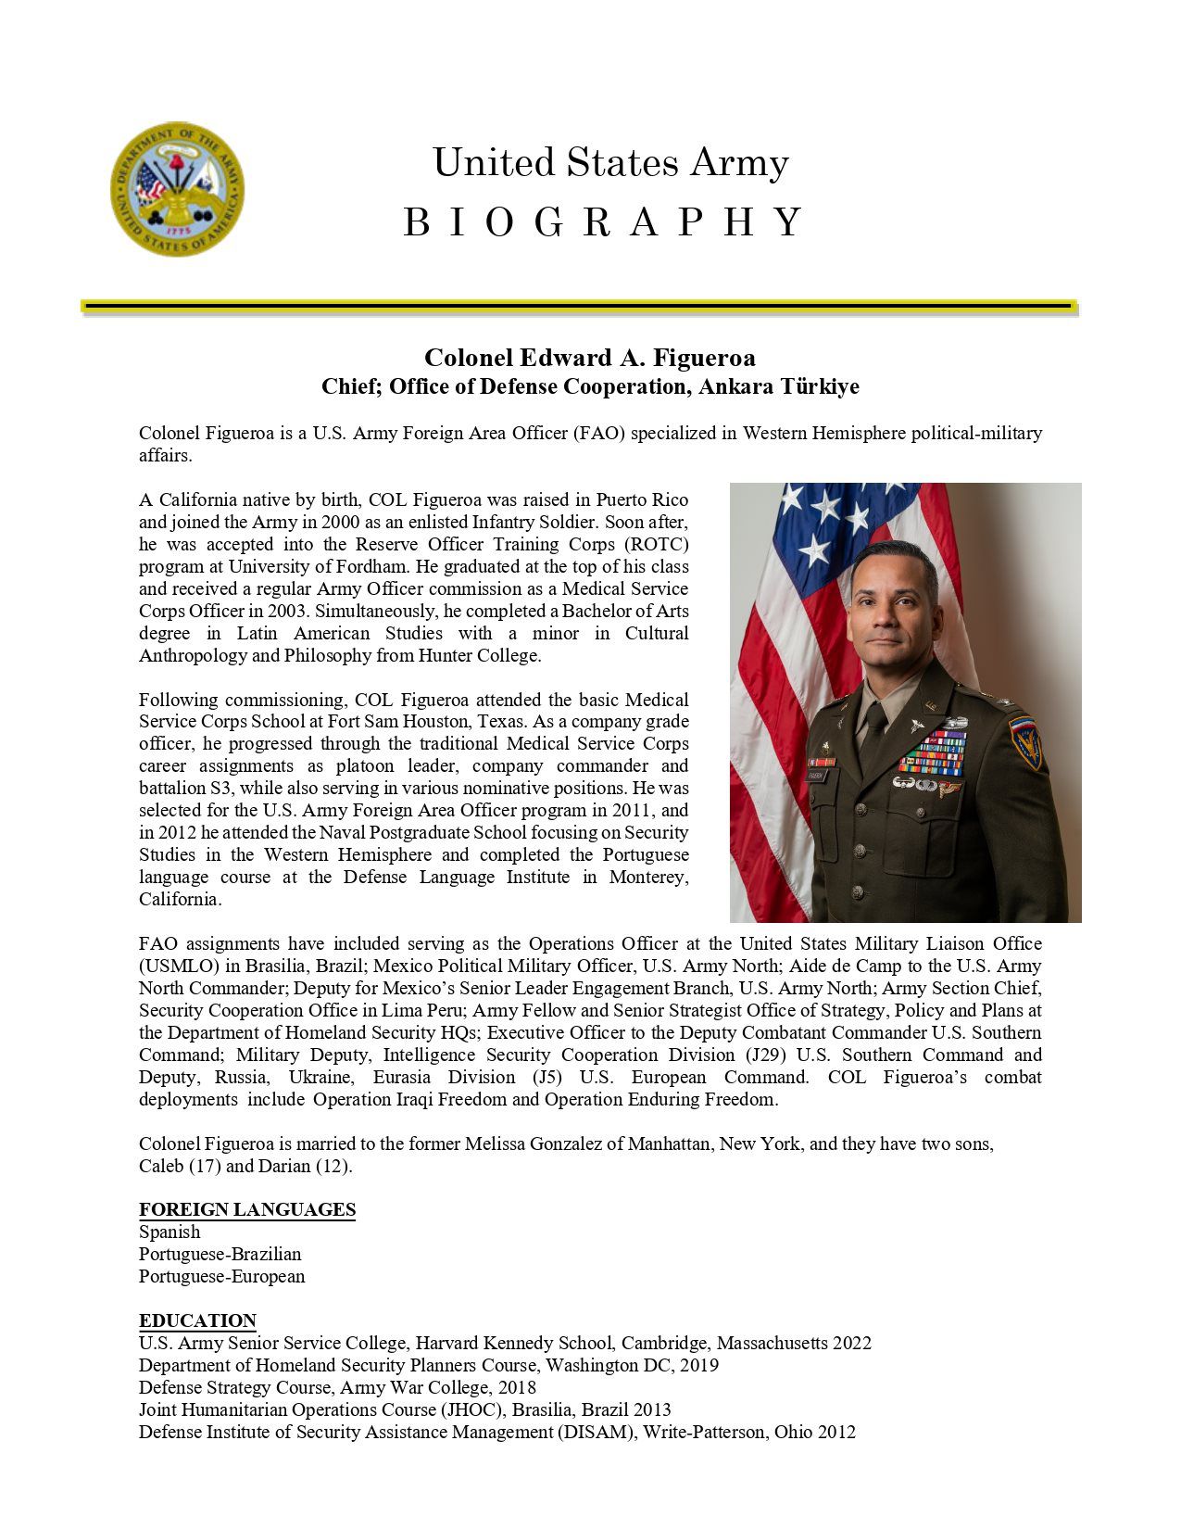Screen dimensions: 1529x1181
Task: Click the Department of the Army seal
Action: click(x=177, y=189)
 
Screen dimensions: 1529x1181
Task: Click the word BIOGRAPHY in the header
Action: click(x=603, y=222)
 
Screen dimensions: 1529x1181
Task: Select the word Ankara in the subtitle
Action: click(x=735, y=386)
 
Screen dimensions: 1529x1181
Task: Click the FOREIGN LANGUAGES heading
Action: click(x=247, y=1209)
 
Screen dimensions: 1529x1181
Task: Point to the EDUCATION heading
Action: click(x=197, y=1320)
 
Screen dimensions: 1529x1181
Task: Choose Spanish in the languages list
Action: click(x=170, y=1232)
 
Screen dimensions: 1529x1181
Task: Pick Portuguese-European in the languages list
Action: click(x=221, y=1276)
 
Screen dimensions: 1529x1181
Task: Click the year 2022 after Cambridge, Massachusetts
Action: click(x=851, y=1343)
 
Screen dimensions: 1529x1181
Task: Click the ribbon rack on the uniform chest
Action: click(x=933, y=752)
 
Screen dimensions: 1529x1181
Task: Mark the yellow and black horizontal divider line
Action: click(x=579, y=305)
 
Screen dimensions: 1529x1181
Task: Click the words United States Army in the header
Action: click(x=610, y=163)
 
